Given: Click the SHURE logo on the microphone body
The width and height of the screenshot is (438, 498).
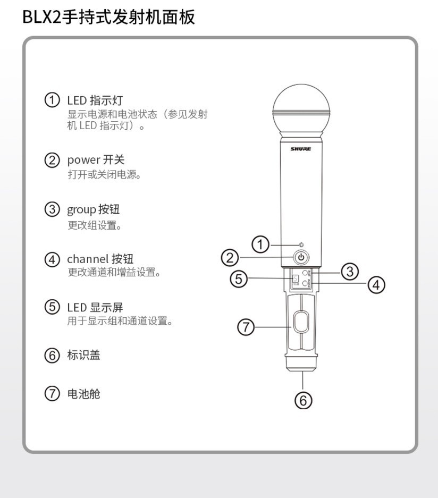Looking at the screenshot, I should (301, 149).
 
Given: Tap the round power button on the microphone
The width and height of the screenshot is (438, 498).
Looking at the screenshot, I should (301, 258).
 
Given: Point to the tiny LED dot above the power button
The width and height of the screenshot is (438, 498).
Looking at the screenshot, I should (301, 245).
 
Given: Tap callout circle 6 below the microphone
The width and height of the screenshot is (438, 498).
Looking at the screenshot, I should (303, 400).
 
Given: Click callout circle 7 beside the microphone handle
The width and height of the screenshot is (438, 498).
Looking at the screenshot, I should (246, 327).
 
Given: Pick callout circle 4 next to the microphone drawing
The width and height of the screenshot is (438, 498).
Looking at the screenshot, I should (376, 285).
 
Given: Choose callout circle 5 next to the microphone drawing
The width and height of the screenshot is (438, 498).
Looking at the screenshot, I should (239, 278).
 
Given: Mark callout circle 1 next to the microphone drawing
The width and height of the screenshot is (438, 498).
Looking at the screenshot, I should (260, 245).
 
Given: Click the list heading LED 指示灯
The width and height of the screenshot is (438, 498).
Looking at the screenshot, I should (95, 100).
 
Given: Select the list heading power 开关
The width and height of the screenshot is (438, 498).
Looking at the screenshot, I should (96, 160).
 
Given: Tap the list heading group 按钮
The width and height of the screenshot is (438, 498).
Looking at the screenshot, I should (93, 209).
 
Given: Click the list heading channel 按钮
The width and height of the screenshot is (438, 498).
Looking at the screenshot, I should (100, 259).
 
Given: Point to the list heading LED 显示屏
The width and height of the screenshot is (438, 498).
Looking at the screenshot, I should (95, 307).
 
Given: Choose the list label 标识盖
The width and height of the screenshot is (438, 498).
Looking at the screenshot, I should (83, 355).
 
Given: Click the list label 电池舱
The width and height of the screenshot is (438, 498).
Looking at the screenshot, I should (83, 394).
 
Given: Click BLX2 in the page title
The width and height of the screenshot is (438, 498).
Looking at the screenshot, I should (42, 17).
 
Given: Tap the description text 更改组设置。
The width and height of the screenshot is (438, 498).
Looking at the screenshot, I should (95, 225).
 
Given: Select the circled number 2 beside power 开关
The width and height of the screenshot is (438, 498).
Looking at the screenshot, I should (52, 160).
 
